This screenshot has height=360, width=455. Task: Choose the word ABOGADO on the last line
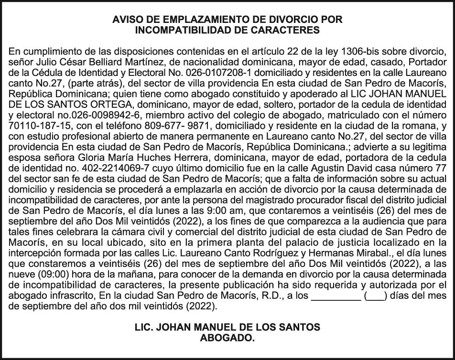(x=227, y=338)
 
